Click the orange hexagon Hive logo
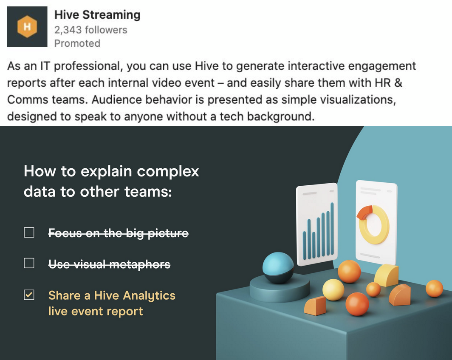click(27, 26)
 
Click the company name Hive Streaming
click(97, 15)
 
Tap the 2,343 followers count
click(91, 30)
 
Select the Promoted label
click(77, 43)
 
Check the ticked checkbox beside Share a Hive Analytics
click(29, 295)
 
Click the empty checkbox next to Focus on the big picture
click(29, 232)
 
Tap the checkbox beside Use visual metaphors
click(29, 263)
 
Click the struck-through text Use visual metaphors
click(110, 264)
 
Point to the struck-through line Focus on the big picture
click(119, 233)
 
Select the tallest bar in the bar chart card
click(332, 229)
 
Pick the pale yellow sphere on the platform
click(333, 289)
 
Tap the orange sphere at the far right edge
click(434, 289)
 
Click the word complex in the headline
click(168, 171)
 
